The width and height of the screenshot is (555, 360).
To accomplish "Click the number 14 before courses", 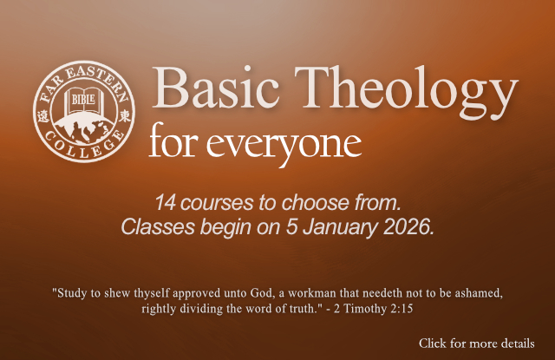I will pos(165,205).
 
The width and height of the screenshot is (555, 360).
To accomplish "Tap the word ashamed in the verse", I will pos(475,291).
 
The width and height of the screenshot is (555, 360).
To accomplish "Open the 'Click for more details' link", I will pos(476,344).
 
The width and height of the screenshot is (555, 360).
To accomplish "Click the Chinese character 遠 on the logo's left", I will pos(46,116).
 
